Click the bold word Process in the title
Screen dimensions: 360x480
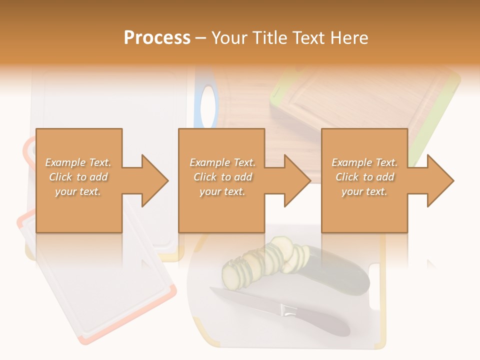click(157, 37)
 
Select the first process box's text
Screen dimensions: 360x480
click(78, 177)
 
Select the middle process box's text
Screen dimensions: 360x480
click(222, 177)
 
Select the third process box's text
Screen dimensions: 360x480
click(364, 177)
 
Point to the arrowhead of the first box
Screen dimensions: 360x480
click(155, 180)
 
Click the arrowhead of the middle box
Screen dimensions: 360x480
click(297, 180)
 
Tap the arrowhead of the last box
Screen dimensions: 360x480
click(440, 180)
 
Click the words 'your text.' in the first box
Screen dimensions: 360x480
click(78, 191)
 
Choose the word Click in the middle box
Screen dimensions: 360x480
click(203, 177)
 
